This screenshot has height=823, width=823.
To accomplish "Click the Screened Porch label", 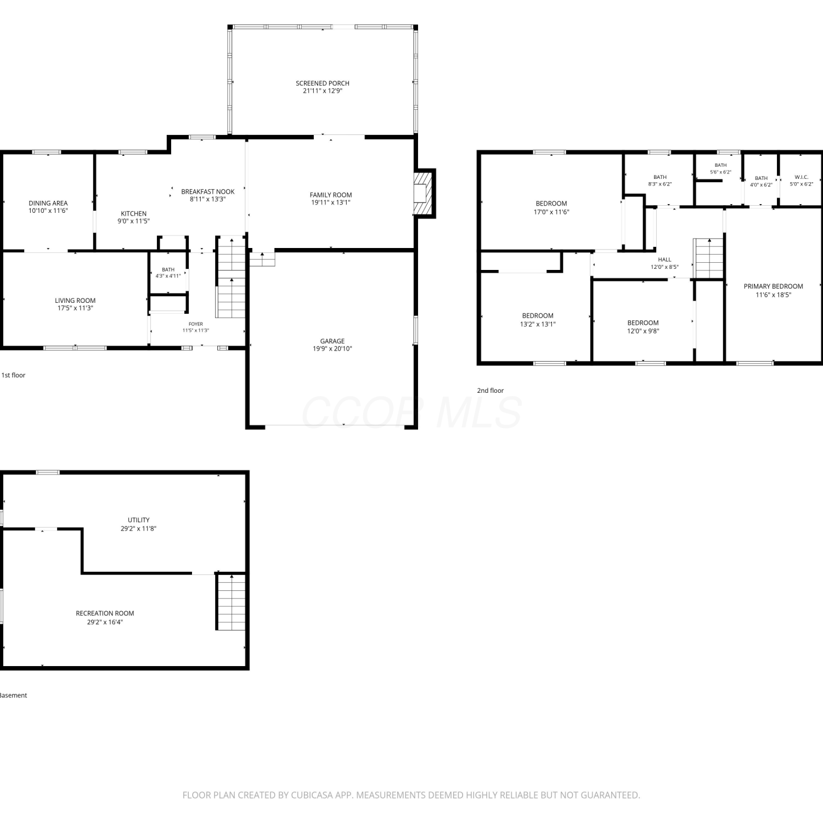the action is pos(323,83).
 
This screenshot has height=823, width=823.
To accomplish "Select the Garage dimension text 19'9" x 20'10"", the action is pos(332,348).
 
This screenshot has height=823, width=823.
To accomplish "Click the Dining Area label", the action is pos(48,203).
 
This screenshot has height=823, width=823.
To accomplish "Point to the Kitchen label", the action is pos(134,213).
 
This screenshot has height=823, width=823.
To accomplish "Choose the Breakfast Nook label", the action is pos(208,191).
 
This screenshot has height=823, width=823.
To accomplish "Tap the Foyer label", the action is pos(196,324).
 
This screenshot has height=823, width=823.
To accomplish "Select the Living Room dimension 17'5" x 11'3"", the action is pos(75,308).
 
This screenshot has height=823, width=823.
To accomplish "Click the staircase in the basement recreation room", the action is pos(232,602).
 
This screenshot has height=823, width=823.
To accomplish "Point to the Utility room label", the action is pos(139,520).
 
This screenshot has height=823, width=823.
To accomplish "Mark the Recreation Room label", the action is pos(105,613).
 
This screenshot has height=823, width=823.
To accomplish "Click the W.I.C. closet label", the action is pos(802,177).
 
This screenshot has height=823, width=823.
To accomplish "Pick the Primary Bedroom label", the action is pos(774,286).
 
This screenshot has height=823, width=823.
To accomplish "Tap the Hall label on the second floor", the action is pos(664,260).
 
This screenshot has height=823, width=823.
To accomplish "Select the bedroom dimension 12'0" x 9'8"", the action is pos(643,331).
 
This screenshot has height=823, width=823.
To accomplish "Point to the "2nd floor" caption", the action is pos(490,391).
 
